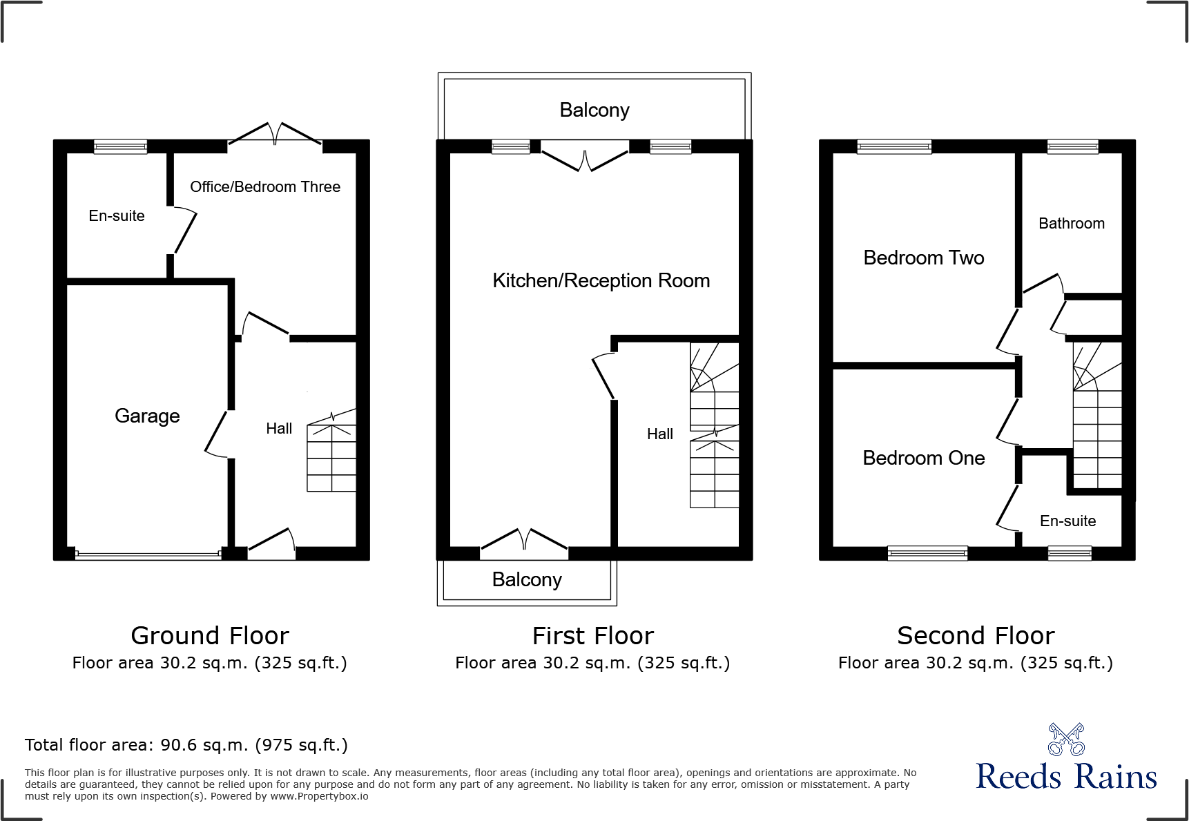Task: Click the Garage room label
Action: pos(147,416)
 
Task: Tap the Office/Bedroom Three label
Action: pos(265,187)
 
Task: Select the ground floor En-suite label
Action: pos(117,216)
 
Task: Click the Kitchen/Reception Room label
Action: pos(601,280)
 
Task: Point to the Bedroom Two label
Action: pos(923,258)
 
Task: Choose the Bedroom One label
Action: pos(923,458)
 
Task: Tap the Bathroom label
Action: pos(1071,224)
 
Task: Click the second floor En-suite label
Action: pos(1067,521)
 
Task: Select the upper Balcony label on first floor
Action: pos(594,110)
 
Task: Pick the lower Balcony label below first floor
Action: pos(526,580)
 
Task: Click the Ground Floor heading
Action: pos(210,635)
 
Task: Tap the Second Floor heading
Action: pos(975,635)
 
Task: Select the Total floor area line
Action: pos(186,745)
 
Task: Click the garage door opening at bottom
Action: pos(148,554)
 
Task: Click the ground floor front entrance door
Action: pos(271,545)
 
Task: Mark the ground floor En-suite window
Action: pos(120,146)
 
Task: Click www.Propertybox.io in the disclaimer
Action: pos(319,797)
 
